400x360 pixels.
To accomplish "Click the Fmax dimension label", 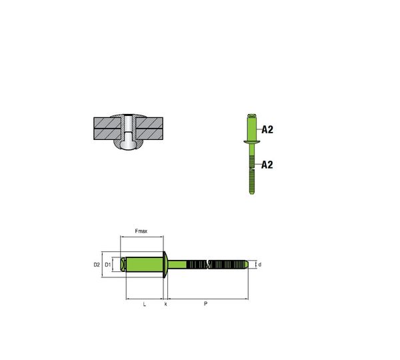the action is [x=141, y=231].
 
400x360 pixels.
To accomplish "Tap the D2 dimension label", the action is [x=97, y=265].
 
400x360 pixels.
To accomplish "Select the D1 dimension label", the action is [x=108, y=265].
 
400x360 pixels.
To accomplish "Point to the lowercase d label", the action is [x=260, y=265].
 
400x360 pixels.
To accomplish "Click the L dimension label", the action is [x=145, y=304].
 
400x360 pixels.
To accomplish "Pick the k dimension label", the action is [x=165, y=304].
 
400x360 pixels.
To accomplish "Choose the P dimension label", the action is [x=205, y=303].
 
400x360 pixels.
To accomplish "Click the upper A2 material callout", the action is [x=267, y=129].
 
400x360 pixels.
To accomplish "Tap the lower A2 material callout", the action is [x=267, y=165].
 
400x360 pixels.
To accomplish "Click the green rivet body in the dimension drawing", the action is [x=145, y=265].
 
